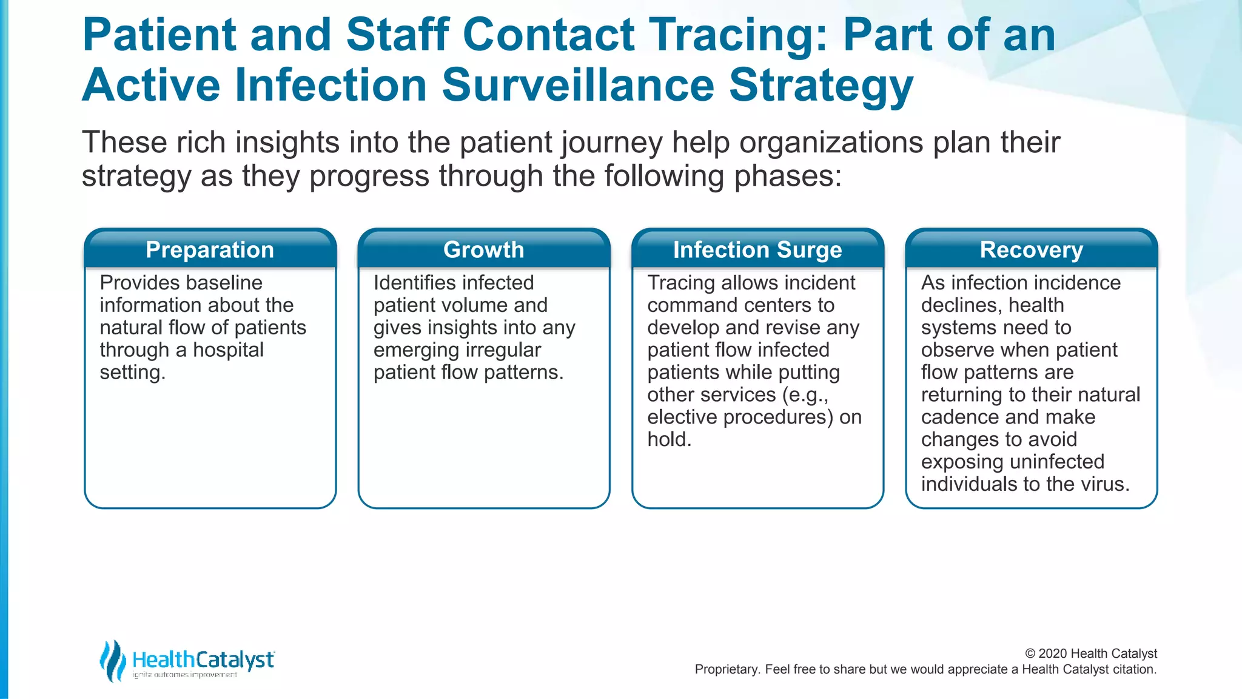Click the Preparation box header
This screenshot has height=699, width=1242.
(x=210, y=250)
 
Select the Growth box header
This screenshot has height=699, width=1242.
(x=483, y=250)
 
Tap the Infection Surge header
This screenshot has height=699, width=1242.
(x=757, y=250)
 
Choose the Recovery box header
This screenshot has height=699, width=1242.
(x=1031, y=250)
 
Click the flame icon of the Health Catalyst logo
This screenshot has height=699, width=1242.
(x=113, y=660)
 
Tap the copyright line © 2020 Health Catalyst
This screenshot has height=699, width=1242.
(x=1090, y=653)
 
